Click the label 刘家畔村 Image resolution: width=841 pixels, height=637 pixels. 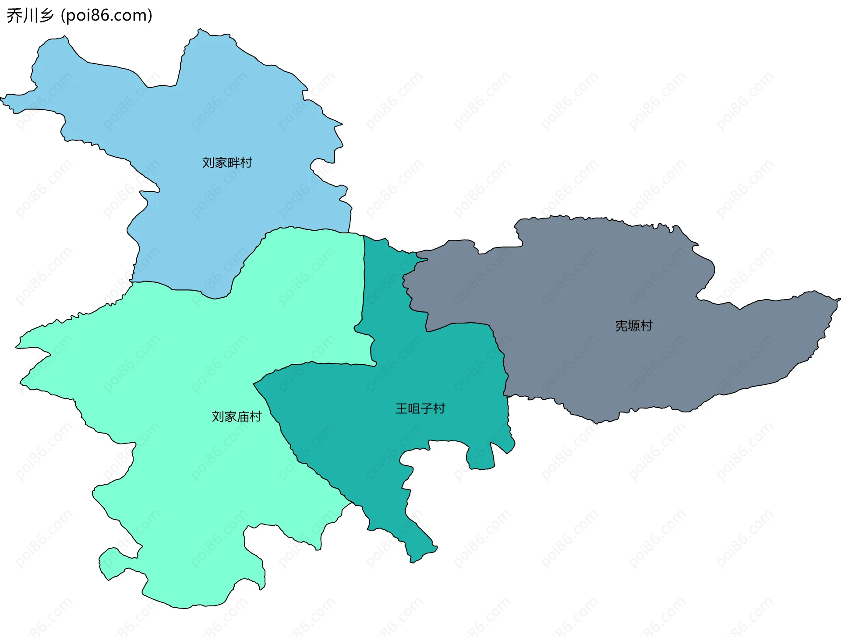(227, 162)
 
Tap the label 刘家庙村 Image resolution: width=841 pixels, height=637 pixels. (237, 416)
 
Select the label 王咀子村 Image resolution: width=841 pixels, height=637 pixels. (420, 408)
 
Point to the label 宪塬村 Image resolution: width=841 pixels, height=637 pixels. (633, 326)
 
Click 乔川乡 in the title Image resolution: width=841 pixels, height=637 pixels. (30, 16)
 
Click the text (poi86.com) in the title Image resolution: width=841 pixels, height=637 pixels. (106, 16)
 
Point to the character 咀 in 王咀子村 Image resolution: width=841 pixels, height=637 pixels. (414, 408)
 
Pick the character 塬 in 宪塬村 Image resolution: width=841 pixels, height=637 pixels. (634, 326)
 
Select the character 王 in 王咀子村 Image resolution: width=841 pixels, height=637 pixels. (401, 408)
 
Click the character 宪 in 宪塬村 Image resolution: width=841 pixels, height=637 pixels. (621, 326)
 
